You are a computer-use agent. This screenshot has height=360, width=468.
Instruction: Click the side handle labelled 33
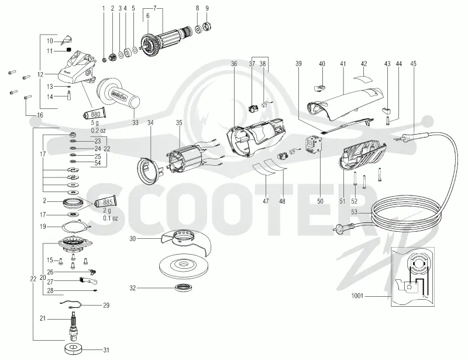point(118,94)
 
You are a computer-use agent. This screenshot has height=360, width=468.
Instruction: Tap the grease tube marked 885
point(105,203)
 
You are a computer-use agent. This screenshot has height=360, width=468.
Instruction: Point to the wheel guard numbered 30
point(185,241)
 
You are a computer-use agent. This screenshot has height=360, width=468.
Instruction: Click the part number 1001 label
point(357,296)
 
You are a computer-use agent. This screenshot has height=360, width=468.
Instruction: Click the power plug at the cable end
point(338,229)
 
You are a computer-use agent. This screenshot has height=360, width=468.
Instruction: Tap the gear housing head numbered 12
point(78,68)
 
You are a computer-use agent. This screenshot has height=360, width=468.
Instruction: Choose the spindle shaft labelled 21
point(73,325)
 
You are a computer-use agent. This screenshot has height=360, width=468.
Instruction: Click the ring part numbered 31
point(73,349)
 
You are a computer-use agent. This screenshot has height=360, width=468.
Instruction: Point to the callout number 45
point(413,64)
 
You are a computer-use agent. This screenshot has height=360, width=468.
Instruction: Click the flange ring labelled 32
point(183,287)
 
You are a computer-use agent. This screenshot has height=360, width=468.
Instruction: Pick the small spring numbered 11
point(68,50)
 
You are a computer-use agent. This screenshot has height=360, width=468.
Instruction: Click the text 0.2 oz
point(98,131)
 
